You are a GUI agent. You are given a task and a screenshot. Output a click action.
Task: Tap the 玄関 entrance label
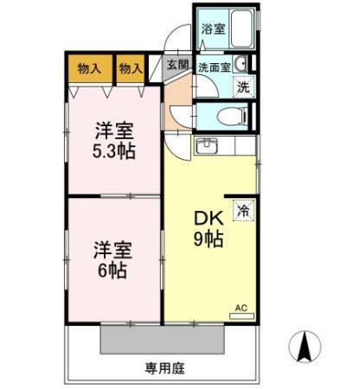pos(177,64)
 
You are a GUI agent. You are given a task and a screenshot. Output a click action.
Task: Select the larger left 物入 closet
pos(89,68)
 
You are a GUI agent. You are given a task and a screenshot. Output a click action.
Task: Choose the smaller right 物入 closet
pos(130,68)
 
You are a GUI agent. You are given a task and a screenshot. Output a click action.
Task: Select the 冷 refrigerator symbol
pos(244,209)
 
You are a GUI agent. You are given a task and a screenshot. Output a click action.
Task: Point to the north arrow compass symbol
pos(305,348)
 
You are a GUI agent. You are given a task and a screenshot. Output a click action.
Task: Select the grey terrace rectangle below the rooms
pos(164,336)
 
